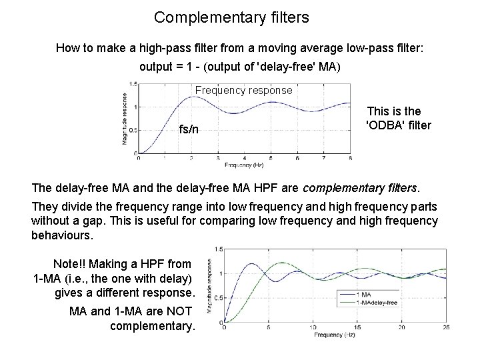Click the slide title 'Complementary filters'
click(231, 17)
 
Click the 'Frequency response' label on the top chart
click(243, 90)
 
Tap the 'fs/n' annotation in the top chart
click(189, 129)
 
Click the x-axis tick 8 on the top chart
click(350, 158)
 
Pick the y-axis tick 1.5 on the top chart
click(133, 84)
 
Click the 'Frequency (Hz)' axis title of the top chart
click(244, 164)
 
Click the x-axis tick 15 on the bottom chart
click(357, 327)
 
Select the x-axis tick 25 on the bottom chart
click(446, 327)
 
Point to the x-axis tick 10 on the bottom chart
click(313, 327)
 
